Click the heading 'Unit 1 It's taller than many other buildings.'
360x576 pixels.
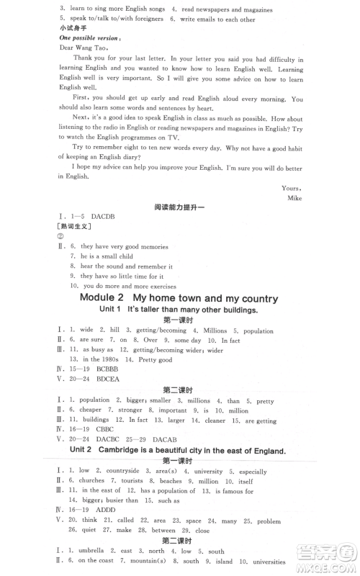(x=178, y=309)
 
